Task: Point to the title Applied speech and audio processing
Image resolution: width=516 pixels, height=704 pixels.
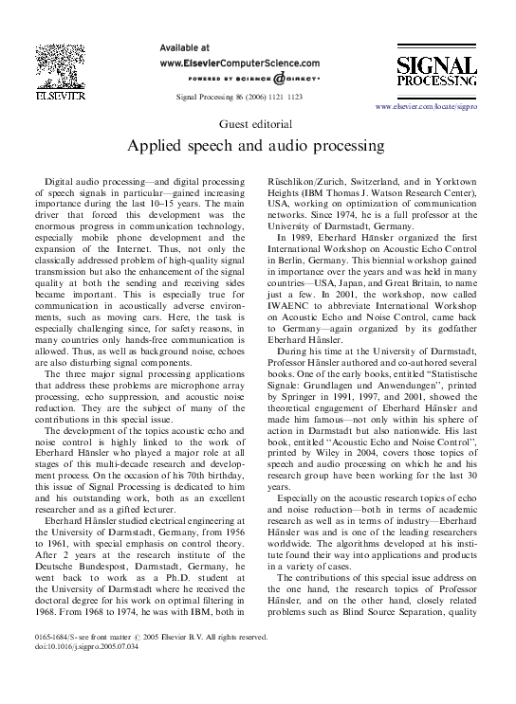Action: coord(257,147)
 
